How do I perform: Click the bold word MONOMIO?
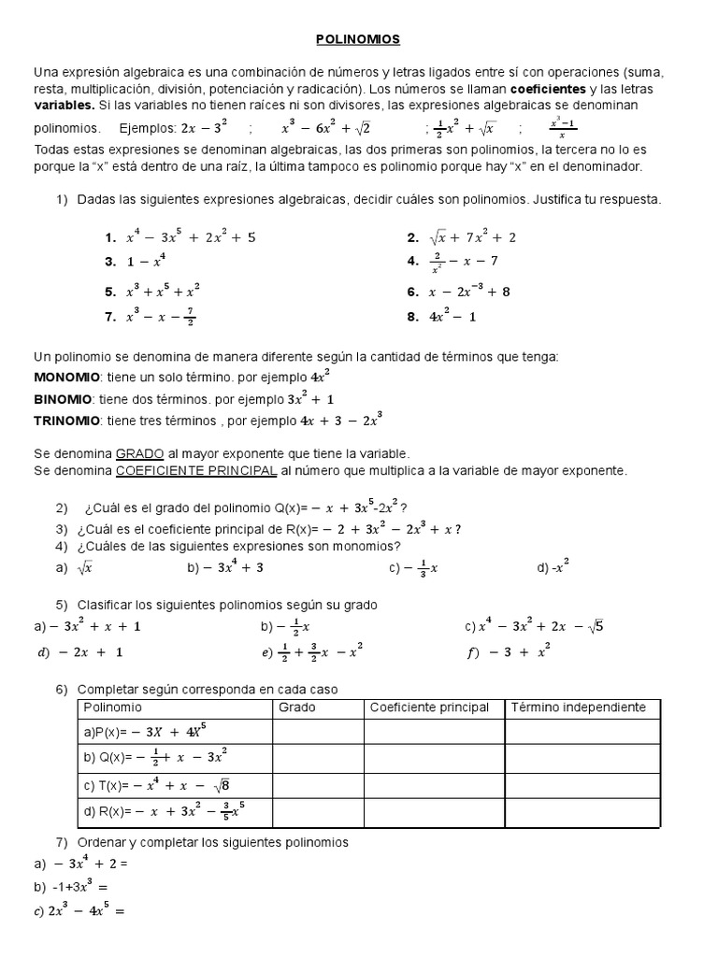point(66,377)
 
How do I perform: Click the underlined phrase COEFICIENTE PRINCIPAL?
point(196,470)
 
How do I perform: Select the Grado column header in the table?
point(297,707)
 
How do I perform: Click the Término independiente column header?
point(578,707)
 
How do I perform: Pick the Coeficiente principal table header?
point(429,707)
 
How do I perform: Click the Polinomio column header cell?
point(113,707)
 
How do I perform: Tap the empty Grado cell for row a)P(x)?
point(317,731)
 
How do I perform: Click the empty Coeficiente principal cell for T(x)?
point(433,785)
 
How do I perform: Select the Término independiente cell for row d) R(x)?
point(584,813)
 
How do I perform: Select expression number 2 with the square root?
point(462,238)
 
